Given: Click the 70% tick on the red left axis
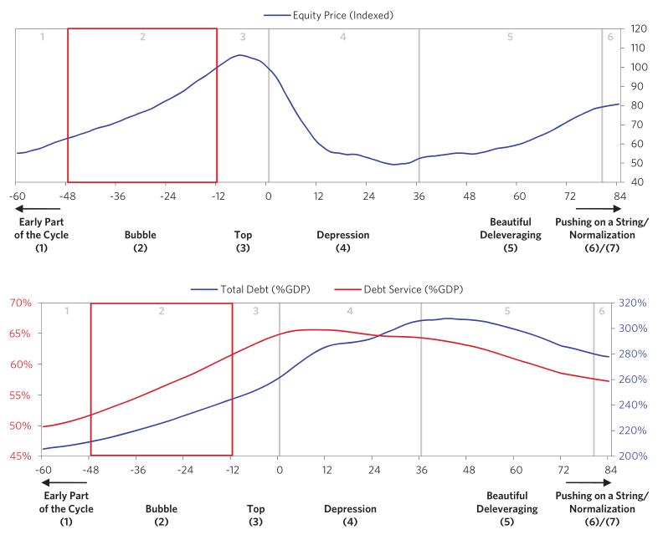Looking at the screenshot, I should tap(21, 303).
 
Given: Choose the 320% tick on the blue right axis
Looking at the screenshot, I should tap(640, 303).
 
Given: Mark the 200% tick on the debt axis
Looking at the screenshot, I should tap(640, 456).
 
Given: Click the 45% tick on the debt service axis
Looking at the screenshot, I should tap(21, 456).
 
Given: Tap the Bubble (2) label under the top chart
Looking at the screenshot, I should tap(140, 242).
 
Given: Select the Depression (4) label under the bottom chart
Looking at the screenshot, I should tap(350, 515).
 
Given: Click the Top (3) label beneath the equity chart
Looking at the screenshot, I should tap(243, 242).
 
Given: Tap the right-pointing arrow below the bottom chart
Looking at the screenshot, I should tap(583, 482).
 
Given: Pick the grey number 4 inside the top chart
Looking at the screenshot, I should tap(343, 38).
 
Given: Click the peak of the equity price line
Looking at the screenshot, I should tap(240, 55).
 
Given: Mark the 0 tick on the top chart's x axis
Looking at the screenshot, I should tap(268, 196).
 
